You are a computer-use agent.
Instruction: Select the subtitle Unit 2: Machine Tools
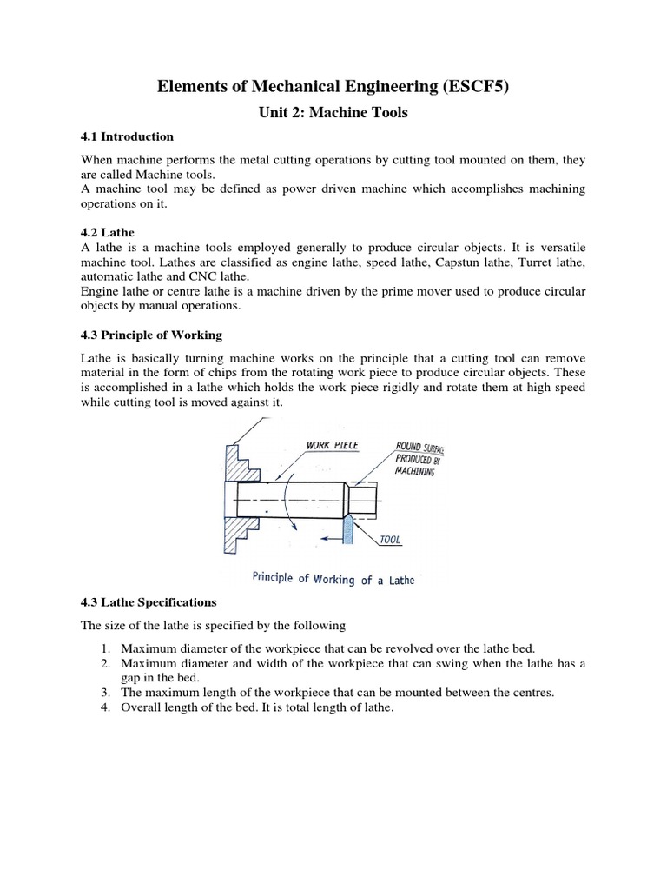pos(333,112)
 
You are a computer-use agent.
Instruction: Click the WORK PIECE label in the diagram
pos(332,446)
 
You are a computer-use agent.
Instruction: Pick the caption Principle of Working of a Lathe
pos(333,578)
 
